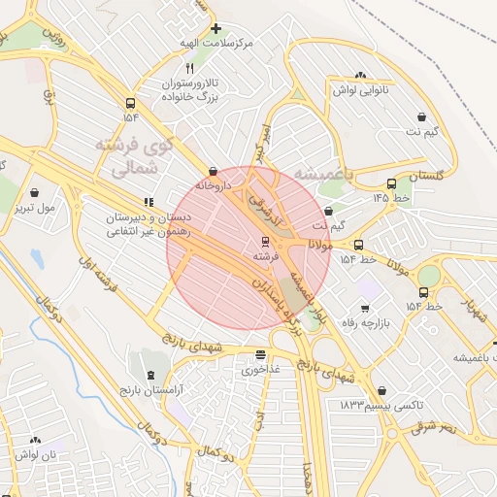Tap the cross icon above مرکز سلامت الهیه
coord(215,28)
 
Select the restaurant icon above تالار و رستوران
coord(190,69)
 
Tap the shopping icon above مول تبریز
coord(35,192)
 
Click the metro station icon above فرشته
coord(265,241)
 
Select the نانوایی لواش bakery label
coord(361,89)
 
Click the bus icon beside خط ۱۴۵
coord(391,183)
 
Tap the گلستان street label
coord(426,178)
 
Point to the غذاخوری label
coord(260,370)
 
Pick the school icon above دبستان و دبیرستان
coord(149,203)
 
